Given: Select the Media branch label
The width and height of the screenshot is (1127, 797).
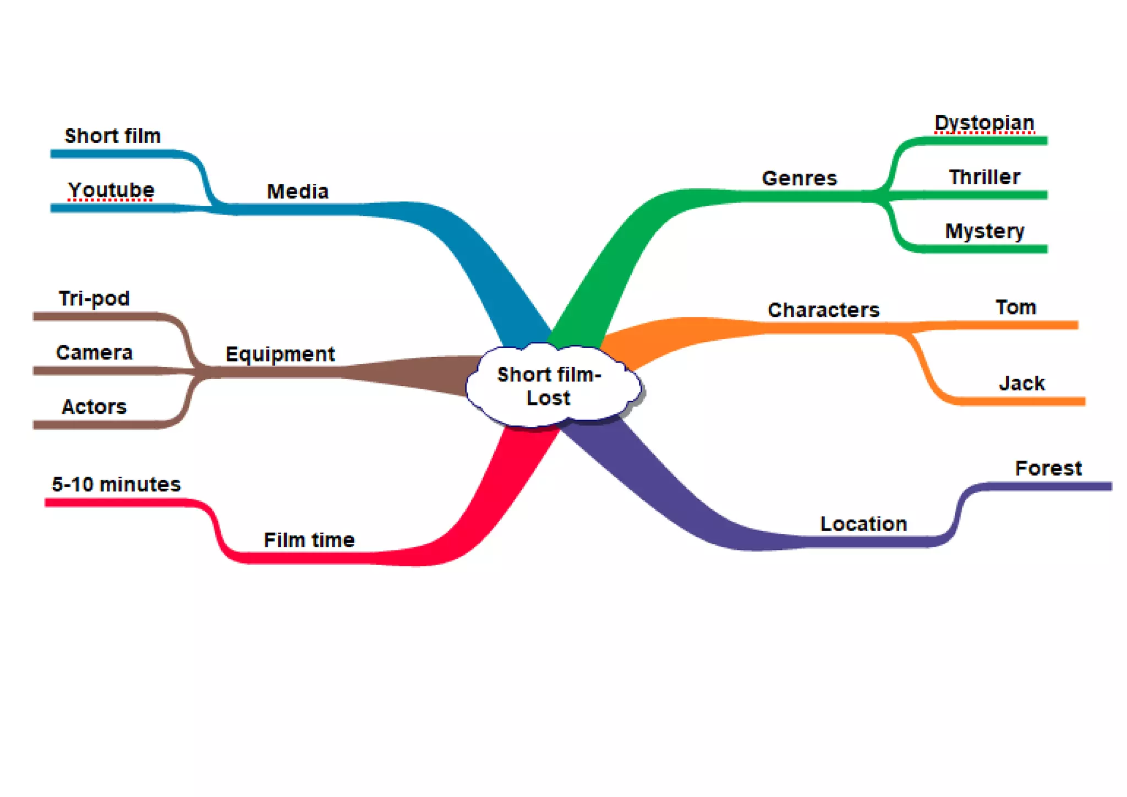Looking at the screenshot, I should pyautogui.click(x=298, y=192).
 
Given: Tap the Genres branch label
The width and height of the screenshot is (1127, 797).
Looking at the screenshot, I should pyautogui.click(x=799, y=178).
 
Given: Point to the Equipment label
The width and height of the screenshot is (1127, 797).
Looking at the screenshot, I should pyautogui.click(x=280, y=354).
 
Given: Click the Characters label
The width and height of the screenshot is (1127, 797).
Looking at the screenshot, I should pyautogui.click(x=823, y=310).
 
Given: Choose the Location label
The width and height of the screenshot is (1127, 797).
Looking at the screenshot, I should pyautogui.click(x=863, y=524).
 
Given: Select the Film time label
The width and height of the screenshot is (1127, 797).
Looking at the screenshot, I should pyautogui.click(x=309, y=540).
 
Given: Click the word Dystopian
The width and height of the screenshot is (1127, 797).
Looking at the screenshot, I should pyautogui.click(x=984, y=123).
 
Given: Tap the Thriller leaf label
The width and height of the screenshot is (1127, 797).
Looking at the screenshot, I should pyautogui.click(x=984, y=177).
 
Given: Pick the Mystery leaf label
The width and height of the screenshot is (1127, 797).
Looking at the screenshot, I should pyautogui.click(x=984, y=231).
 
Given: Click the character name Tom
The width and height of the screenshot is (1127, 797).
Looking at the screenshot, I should pyautogui.click(x=1016, y=307).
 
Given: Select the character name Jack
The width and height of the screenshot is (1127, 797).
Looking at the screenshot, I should pyautogui.click(x=1021, y=383).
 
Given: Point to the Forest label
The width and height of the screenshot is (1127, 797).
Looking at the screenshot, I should pyautogui.click(x=1048, y=468).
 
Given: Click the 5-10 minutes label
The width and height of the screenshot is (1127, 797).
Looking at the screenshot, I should pyautogui.click(x=116, y=484).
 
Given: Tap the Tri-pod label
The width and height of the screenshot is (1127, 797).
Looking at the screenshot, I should pyautogui.click(x=94, y=298).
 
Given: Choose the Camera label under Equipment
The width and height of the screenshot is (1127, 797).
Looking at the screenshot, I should pyautogui.click(x=94, y=353).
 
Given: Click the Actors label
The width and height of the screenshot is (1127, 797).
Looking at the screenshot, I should pyautogui.click(x=94, y=407).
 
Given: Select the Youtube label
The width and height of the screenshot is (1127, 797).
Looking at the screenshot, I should pyautogui.click(x=111, y=190).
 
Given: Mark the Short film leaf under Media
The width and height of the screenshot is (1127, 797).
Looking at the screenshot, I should pyautogui.click(x=113, y=136).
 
